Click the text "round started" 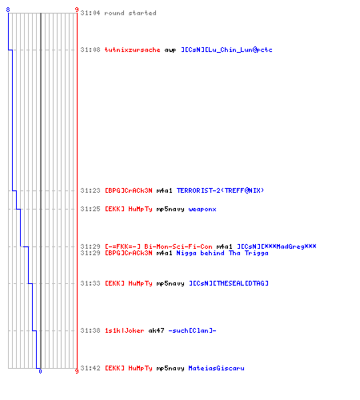pyautogui.click(x=130, y=13)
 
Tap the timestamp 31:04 pyautogui.click(x=90, y=13)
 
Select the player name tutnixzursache pyautogui.click(x=132, y=50)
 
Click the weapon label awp pyautogui.click(x=170, y=50)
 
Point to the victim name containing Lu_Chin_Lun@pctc pyautogui.click(x=226, y=50)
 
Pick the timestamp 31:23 pyautogui.click(x=90, y=190)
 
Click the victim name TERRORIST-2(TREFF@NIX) pyautogui.click(x=220, y=190)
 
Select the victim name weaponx pyautogui.click(x=202, y=210)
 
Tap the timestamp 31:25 pyautogui.click(x=90, y=209)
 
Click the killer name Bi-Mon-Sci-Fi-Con pyautogui.click(x=178, y=246)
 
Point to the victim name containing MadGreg pyautogui.click(x=277, y=246)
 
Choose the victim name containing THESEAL pyautogui.click(x=229, y=283)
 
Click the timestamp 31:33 pyautogui.click(x=90, y=283)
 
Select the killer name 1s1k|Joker pyautogui.click(x=124, y=330)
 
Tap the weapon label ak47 pyautogui.click(x=156, y=330)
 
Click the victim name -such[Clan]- pyautogui.click(x=192, y=330)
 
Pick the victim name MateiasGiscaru pyautogui.click(x=216, y=368)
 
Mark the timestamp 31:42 pyautogui.click(x=90, y=368)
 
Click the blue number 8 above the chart pyautogui.click(x=8, y=10)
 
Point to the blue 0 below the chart pyautogui.click(x=40, y=371)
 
